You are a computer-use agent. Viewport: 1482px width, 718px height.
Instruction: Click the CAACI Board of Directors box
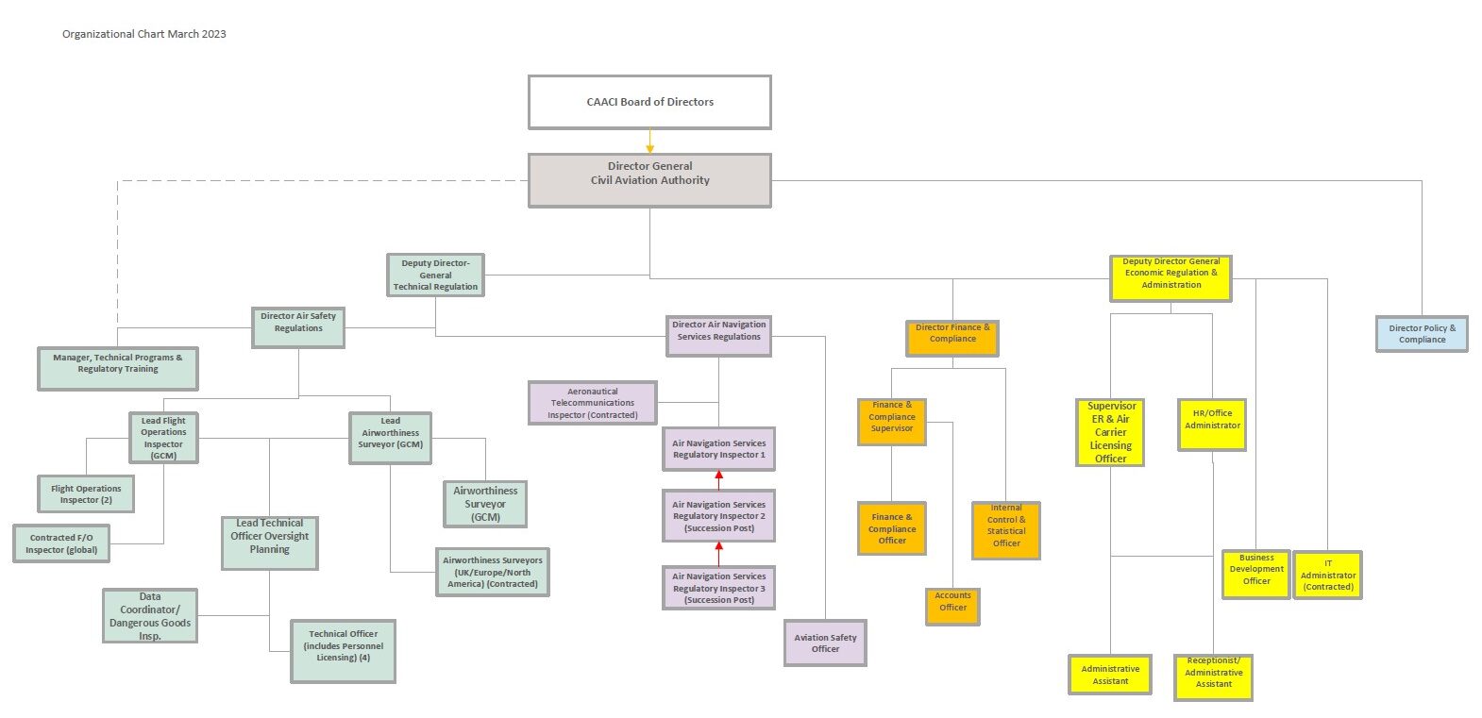[649, 102]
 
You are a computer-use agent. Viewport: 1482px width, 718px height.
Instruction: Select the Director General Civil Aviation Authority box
[649, 179]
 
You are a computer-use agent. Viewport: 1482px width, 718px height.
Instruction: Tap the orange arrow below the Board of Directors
[649, 142]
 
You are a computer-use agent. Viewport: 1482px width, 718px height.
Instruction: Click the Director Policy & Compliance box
[1422, 334]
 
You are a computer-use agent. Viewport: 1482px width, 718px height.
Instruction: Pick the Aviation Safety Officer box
[825, 643]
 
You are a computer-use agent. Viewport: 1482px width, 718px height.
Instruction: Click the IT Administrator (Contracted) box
[1327, 576]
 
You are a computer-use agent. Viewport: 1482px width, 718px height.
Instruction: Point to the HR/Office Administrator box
[1212, 424]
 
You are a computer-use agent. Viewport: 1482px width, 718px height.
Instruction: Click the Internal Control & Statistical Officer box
[1006, 530]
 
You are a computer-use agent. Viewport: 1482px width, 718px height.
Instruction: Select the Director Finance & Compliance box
[952, 338]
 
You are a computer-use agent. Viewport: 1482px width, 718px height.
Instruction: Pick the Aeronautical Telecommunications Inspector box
[593, 403]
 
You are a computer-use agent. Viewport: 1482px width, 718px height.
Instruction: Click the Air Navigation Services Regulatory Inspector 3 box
[718, 588]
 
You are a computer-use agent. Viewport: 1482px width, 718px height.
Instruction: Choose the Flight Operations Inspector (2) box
[86, 493]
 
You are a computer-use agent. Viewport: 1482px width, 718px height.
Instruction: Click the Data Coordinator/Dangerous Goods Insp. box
[150, 616]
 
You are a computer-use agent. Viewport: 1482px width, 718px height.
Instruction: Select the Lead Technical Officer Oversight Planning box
[270, 543]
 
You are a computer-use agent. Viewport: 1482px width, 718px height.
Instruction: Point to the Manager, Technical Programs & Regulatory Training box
[118, 368]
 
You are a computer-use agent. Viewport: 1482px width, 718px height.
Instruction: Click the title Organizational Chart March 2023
[144, 34]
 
